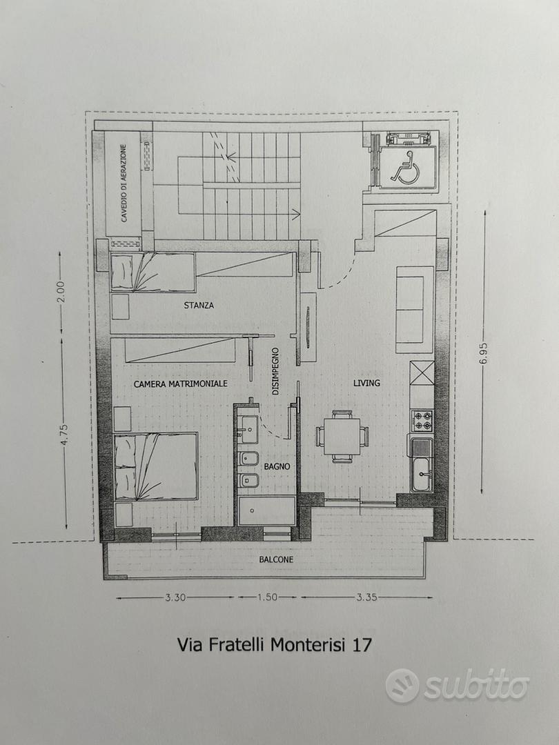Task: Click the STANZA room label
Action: [x=199, y=305]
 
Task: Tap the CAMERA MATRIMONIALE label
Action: [x=180, y=384]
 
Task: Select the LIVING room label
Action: [x=366, y=382]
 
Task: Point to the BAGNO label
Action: [x=277, y=466]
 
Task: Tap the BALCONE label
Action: [x=275, y=559]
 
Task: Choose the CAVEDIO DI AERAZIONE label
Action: [x=124, y=183]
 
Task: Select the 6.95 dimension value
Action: [x=484, y=352]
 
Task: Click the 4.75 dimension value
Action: [x=65, y=433]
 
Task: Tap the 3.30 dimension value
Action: [x=175, y=597]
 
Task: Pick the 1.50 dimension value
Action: [x=267, y=597]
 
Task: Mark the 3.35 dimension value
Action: [x=366, y=597]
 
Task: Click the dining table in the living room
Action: [x=343, y=436]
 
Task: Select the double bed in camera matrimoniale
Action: [x=156, y=466]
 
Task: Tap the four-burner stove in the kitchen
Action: [x=422, y=420]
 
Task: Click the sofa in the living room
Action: [x=415, y=310]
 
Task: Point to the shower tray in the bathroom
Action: [x=266, y=510]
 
